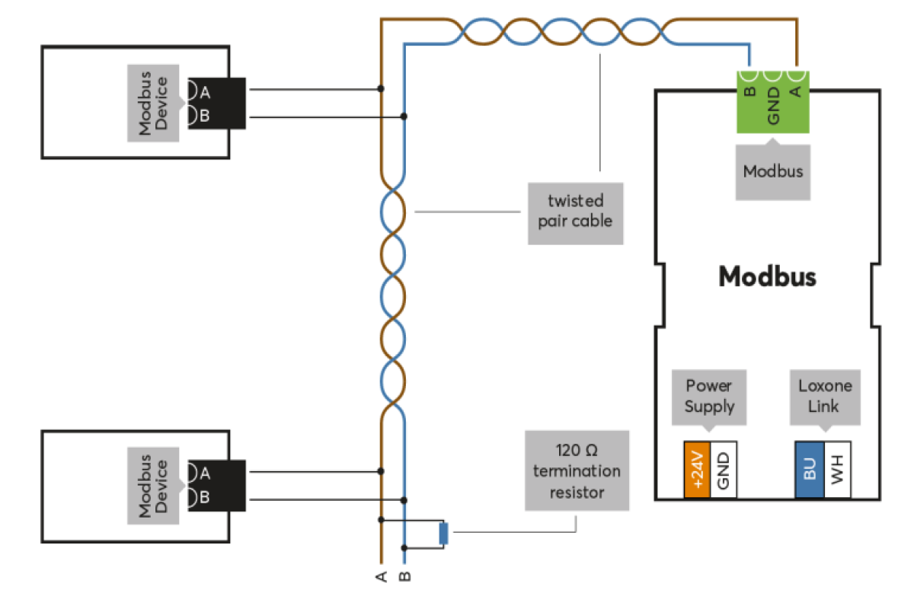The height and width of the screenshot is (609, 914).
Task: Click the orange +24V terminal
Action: point(697,469)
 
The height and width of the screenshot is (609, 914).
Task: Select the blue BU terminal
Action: point(810,469)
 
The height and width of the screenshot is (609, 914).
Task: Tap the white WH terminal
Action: point(838,469)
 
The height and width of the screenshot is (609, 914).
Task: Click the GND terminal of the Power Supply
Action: point(724,469)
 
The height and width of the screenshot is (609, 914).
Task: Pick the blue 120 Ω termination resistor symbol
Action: point(443,533)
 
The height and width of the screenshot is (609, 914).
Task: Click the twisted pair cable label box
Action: point(575,213)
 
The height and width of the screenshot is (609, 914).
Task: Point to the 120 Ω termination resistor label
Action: point(577,470)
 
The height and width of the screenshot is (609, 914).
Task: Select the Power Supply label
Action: point(709,397)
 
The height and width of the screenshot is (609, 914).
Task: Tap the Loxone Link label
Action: point(825,397)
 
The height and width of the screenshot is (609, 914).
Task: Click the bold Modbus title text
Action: point(767,276)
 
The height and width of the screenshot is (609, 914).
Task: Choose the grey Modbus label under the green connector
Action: point(773,172)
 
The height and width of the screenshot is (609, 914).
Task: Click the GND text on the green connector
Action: point(773,106)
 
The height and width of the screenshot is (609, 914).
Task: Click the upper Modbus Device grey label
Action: point(153,104)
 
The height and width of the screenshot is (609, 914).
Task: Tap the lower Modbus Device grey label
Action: point(153,486)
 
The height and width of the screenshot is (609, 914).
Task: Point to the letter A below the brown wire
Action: point(381,576)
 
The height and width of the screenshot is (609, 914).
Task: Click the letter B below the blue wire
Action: point(404,576)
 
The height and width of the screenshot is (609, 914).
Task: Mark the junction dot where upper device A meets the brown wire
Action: point(381,88)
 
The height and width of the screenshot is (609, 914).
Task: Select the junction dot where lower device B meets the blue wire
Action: point(404,500)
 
